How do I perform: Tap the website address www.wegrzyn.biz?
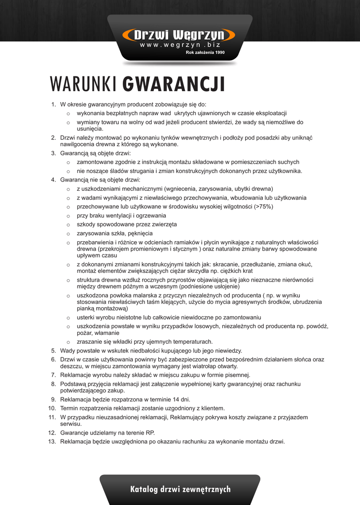[180, 45]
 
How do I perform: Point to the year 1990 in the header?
[220, 52]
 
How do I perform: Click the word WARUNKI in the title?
[83, 84]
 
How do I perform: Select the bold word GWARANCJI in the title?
[174, 84]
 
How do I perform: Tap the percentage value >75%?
[263, 207]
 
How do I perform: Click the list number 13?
[52, 441]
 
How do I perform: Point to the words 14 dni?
[180, 399]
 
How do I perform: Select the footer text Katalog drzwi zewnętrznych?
[180, 489]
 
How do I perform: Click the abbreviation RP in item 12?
[150, 433]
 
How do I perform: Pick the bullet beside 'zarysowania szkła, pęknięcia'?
[69, 234]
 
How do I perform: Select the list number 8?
[53, 384]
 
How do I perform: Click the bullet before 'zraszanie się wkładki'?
[69, 342]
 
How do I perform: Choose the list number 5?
[53, 351]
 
